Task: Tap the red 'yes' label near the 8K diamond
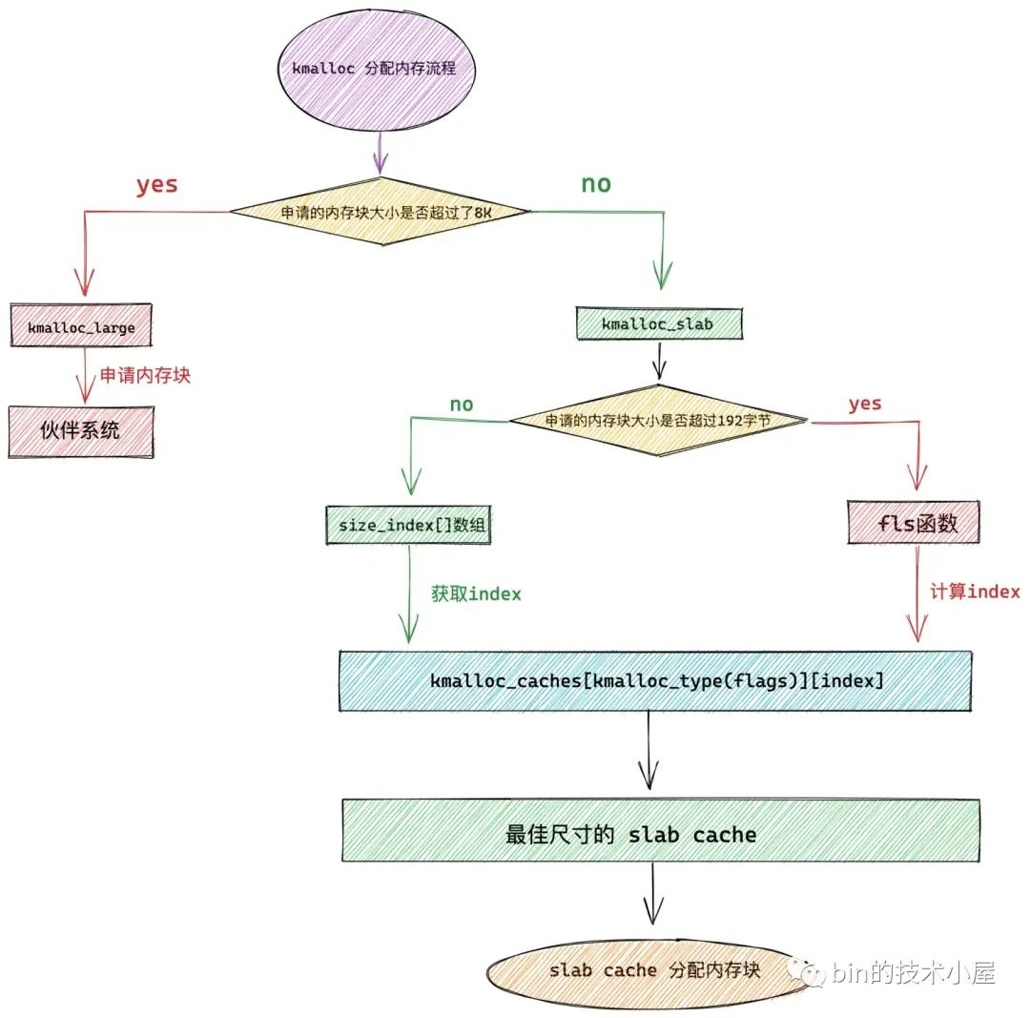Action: (x=156, y=184)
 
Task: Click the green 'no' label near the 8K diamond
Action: (x=596, y=184)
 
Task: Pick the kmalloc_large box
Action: (x=82, y=327)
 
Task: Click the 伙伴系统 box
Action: (x=81, y=430)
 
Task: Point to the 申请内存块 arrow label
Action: (x=145, y=375)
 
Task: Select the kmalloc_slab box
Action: (x=657, y=323)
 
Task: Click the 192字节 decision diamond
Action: (x=658, y=420)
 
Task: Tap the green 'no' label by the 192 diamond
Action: (x=462, y=405)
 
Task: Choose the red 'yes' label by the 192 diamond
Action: (x=865, y=404)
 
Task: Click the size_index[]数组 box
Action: (x=408, y=524)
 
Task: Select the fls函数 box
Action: (x=914, y=523)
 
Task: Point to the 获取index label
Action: (x=476, y=593)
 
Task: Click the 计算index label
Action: (x=975, y=592)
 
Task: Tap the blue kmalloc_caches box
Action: (x=656, y=681)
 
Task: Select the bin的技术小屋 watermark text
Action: (x=914, y=973)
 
